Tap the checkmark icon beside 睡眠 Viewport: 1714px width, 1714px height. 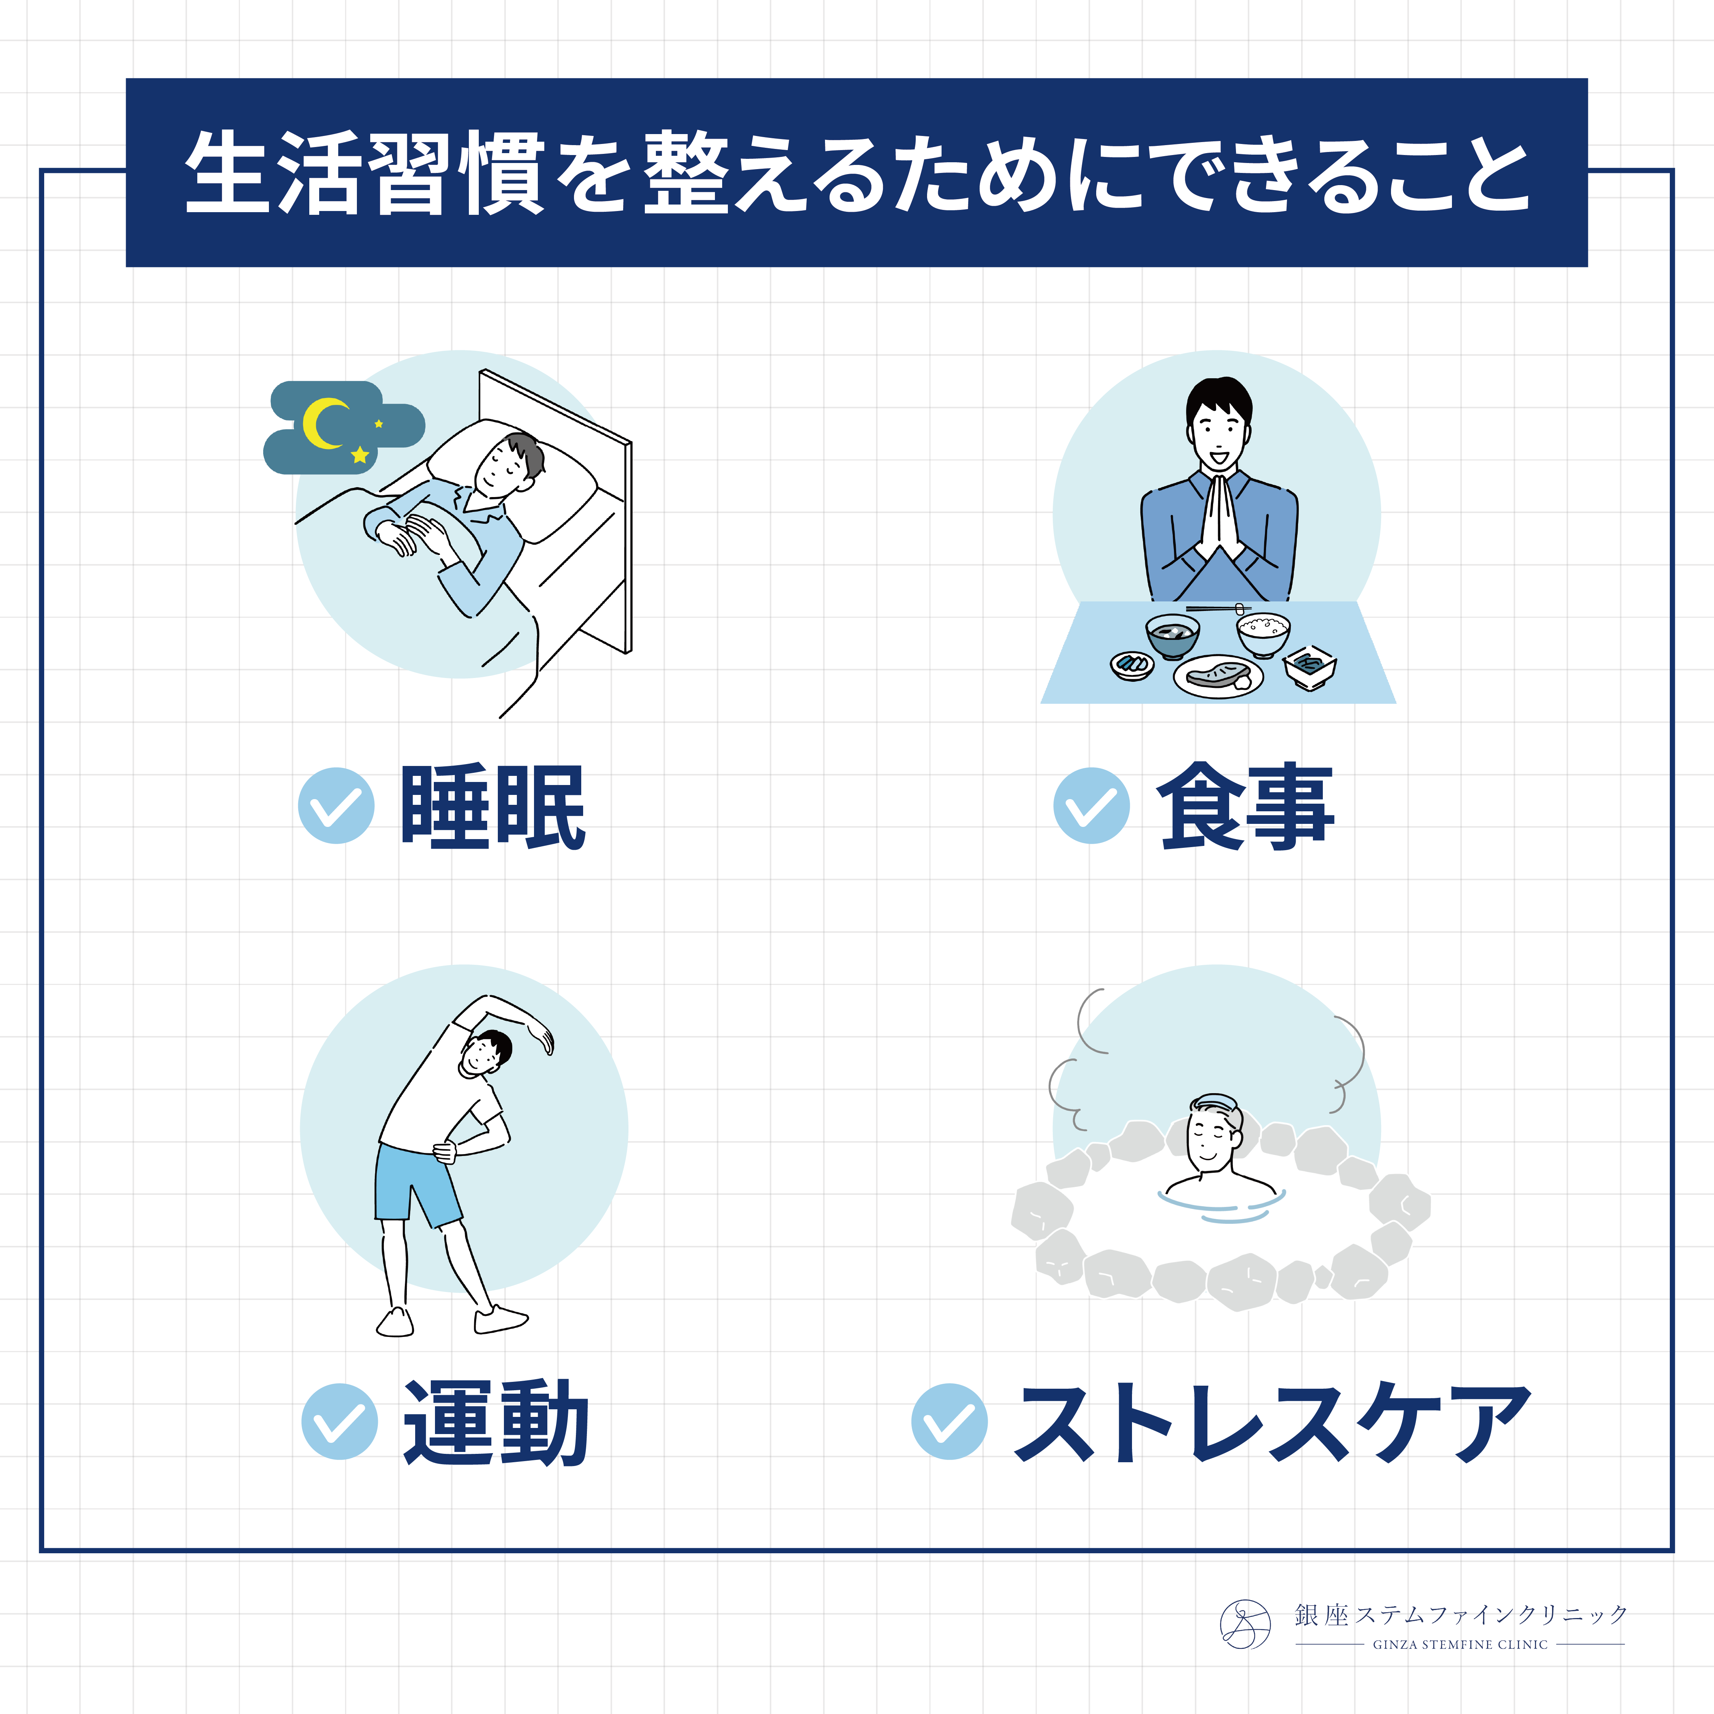[x=336, y=805]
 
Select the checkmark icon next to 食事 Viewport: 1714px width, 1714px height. [x=1091, y=805]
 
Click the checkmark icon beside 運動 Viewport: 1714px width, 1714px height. [x=340, y=1421]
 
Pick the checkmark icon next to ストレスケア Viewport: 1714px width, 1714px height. [x=949, y=1421]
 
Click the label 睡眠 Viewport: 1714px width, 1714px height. [x=493, y=806]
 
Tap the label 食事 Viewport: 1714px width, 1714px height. [x=1246, y=806]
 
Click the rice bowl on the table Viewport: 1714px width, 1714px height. [x=1263, y=634]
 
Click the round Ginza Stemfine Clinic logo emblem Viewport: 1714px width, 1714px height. [x=1246, y=1624]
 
